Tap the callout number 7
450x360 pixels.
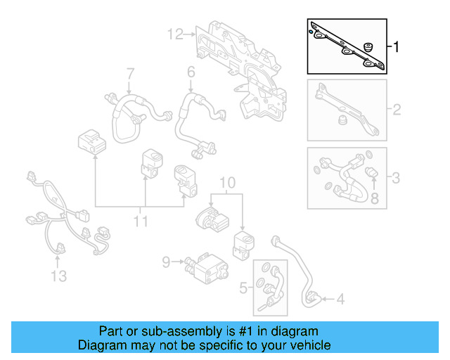pyautogui.click(x=130, y=73)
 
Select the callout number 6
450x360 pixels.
pyautogui.click(x=191, y=72)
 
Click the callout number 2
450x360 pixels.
pyautogui.click(x=396, y=110)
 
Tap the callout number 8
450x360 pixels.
pyautogui.click(x=374, y=200)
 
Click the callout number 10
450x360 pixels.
pyautogui.click(x=225, y=184)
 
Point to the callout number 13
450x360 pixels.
pyautogui.click(x=59, y=276)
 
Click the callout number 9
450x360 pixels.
pyautogui.click(x=167, y=262)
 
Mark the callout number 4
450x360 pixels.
pyautogui.click(x=340, y=300)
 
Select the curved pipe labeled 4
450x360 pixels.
pyautogui.click(x=299, y=271)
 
